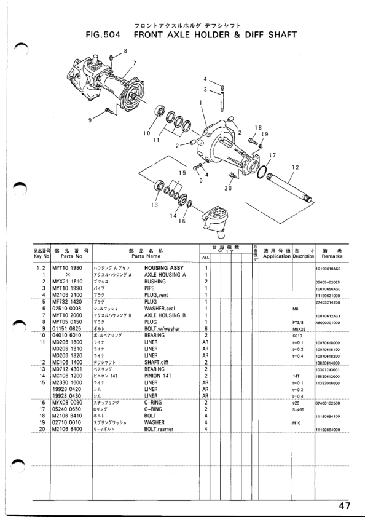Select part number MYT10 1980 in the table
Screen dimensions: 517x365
click(68, 269)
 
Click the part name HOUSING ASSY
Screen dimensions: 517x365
click(164, 269)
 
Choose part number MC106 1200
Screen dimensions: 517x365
click(68, 376)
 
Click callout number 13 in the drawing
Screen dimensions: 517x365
click(154, 205)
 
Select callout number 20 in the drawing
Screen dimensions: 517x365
click(228, 188)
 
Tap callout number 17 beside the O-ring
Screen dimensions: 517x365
click(272, 155)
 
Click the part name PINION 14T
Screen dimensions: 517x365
click(158, 376)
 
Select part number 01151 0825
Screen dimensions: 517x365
click(68, 329)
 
